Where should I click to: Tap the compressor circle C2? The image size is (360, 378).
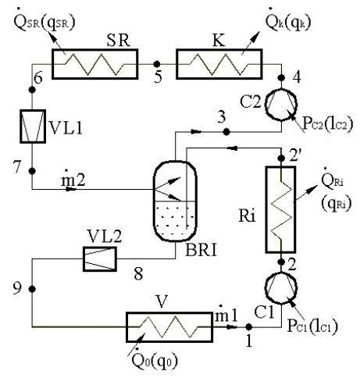click(281, 89)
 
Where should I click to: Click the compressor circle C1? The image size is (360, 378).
click(281, 273)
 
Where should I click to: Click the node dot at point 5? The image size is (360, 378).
click(157, 64)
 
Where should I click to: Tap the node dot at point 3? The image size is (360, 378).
click(226, 132)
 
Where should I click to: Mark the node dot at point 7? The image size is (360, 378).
click(32, 171)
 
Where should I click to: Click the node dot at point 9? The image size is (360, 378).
click(32, 289)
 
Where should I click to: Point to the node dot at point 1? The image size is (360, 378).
click(249, 326)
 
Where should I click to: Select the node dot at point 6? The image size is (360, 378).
click(32, 90)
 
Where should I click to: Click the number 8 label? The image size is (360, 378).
click(138, 274)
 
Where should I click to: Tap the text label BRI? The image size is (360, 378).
click(201, 251)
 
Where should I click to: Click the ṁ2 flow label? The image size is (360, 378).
click(73, 179)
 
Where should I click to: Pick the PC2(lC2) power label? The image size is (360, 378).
click(328, 123)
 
